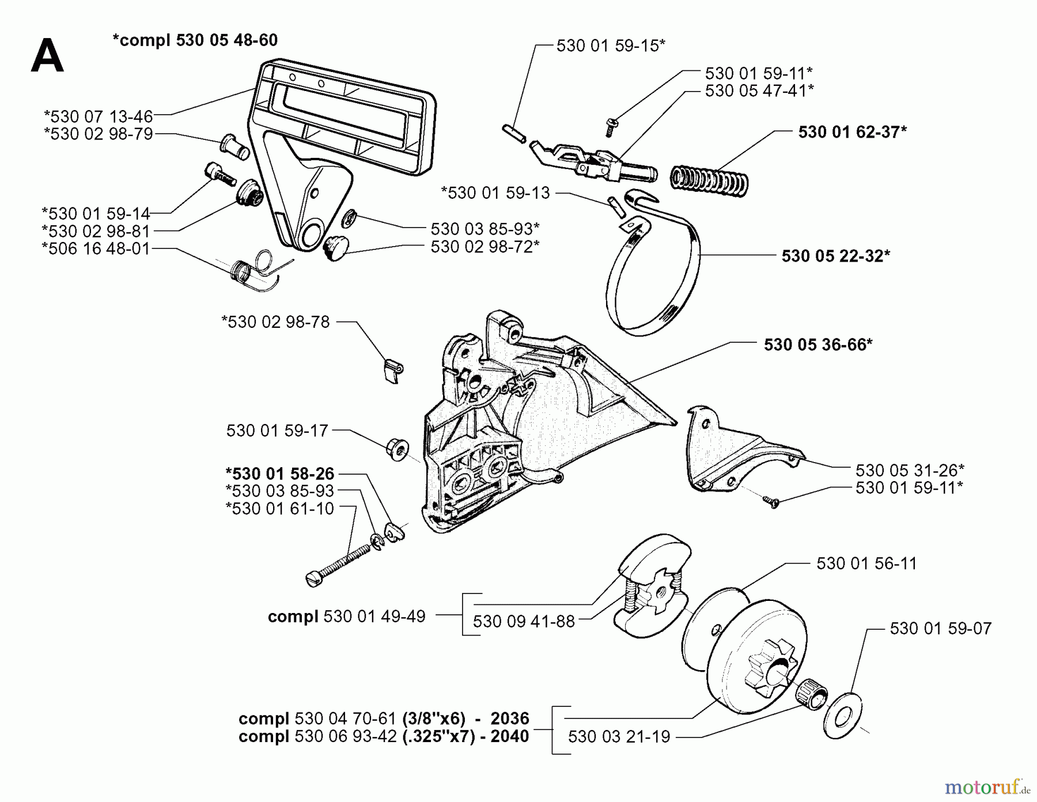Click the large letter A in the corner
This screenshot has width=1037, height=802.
coord(47,56)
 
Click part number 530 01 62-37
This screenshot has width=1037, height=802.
coord(852,132)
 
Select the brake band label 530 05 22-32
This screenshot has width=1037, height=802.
coord(835,256)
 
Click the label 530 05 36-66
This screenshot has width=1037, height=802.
coord(818,345)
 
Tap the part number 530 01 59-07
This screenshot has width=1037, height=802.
coord(940,628)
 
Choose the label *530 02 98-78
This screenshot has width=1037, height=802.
coord(275,321)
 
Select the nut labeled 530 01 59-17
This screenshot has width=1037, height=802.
coord(397,448)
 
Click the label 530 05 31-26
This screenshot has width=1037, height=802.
coord(910,470)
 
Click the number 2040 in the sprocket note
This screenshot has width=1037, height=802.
coord(509,736)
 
